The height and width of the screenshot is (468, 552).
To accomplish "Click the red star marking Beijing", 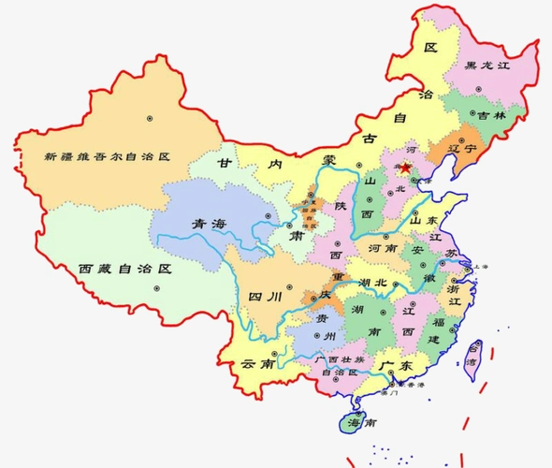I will pos(406,169).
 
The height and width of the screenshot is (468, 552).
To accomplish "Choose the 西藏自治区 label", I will pos(126,268).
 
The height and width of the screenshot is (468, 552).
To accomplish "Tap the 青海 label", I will pos(208,224).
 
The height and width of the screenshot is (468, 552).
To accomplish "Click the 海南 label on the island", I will pos(362,423).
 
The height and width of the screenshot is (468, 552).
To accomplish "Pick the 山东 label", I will pos(426,222).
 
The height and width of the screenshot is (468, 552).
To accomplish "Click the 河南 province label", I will pos(384,249).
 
